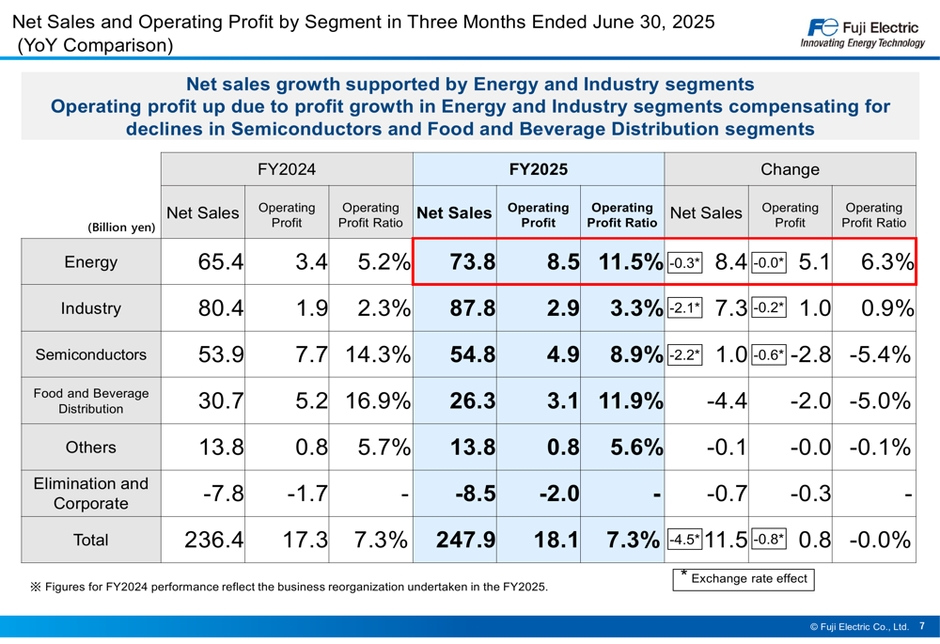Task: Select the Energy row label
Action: pyautogui.click(x=91, y=262)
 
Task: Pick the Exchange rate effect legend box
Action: pyautogui.click(x=744, y=578)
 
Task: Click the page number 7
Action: pyautogui.click(x=922, y=626)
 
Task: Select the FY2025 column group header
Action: pyautogui.click(x=538, y=170)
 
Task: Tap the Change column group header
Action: pyautogui.click(x=790, y=170)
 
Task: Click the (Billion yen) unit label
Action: pyautogui.click(x=121, y=227)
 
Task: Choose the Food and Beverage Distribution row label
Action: pyautogui.click(x=91, y=401)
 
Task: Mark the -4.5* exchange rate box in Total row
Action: pyautogui.click(x=684, y=540)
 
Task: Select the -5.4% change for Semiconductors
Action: pyautogui.click(x=880, y=354)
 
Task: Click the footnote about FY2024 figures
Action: pyautogui.click(x=289, y=587)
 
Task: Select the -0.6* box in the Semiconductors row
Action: pyautogui.click(x=768, y=354)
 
